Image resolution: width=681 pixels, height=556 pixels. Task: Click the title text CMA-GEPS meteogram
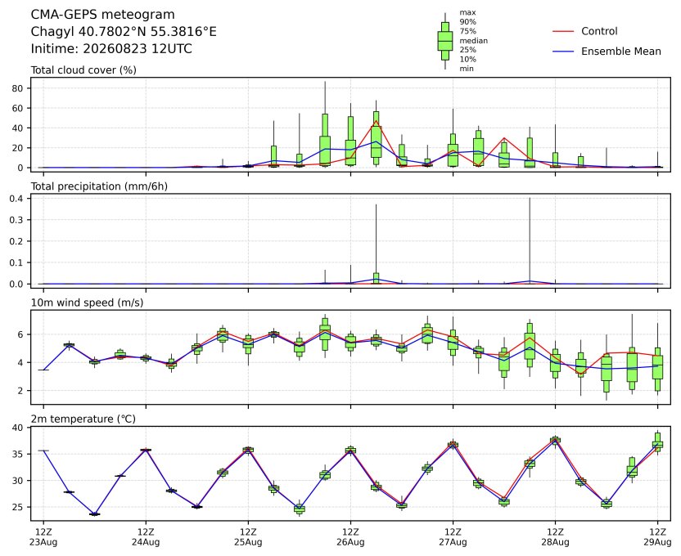click(x=102, y=15)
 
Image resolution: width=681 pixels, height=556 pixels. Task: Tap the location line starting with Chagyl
click(x=124, y=32)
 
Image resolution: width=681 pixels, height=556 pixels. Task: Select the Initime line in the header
click(x=111, y=48)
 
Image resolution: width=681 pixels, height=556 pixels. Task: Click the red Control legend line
click(x=563, y=31)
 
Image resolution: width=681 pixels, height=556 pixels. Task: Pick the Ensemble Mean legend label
click(x=621, y=52)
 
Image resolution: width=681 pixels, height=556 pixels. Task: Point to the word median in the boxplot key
click(x=473, y=41)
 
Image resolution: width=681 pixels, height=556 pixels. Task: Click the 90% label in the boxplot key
click(x=467, y=22)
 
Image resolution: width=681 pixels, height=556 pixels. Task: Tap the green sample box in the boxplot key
click(x=445, y=41)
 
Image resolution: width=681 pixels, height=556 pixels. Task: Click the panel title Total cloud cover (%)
click(x=83, y=70)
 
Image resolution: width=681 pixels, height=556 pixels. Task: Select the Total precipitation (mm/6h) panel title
click(x=99, y=186)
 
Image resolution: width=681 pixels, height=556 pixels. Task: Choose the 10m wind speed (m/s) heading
click(x=87, y=303)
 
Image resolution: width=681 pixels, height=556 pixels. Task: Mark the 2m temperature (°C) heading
click(x=83, y=419)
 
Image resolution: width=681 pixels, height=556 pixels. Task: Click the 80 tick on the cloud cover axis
click(x=18, y=88)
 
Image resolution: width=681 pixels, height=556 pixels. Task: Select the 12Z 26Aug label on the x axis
click(x=350, y=537)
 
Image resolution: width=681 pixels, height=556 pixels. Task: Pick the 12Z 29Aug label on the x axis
click(x=657, y=537)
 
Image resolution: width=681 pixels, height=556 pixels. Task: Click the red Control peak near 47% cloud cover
click(x=377, y=121)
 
